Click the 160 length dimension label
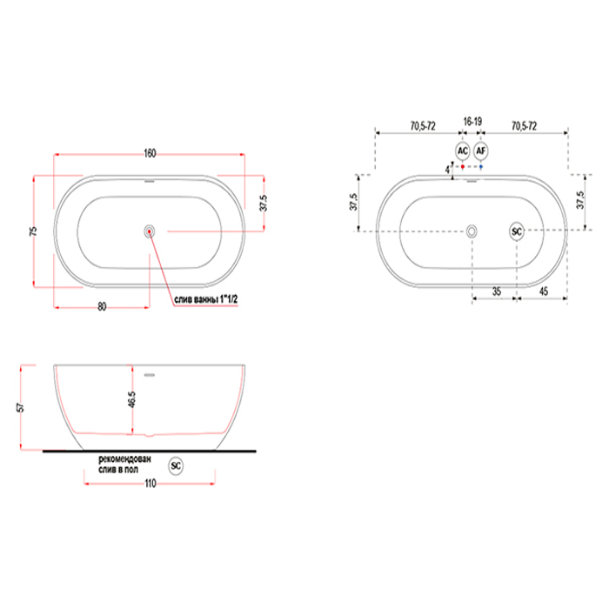pyautogui.click(x=150, y=153)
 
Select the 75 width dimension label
pyautogui.click(x=33, y=231)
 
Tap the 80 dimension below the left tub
pyautogui.click(x=102, y=306)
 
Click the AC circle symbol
pyautogui.click(x=463, y=151)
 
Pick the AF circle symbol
pyautogui.click(x=481, y=151)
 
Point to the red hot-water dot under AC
pyautogui.click(x=463, y=167)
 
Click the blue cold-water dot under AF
pyautogui.click(x=481, y=167)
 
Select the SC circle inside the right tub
pyautogui.click(x=517, y=231)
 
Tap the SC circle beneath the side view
pyautogui.click(x=176, y=465)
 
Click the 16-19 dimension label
pyautogui.click(x=472, y=122)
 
